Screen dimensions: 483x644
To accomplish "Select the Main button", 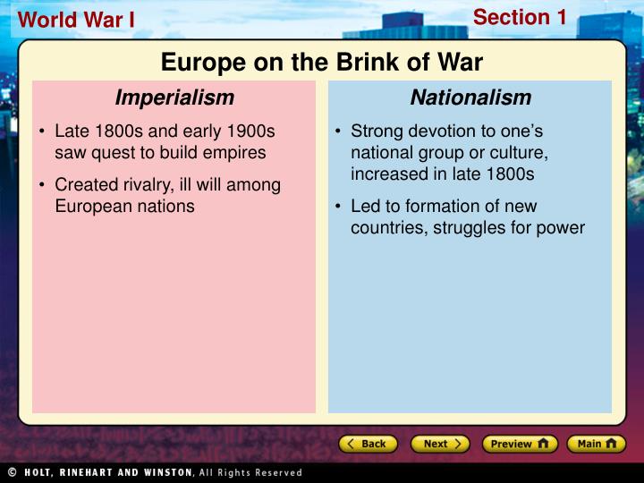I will pyautogui.click(x=597, y=444).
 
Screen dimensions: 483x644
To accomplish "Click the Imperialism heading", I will pyautogui.click(x=174, y=97).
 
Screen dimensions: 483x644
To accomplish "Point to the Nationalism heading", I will pyautogui.click(x=470, y=97).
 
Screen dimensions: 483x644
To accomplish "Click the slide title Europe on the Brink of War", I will pyautogui.click(x=322, y=62).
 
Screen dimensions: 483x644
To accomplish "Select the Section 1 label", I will pyautogui.click(x=520, y=17).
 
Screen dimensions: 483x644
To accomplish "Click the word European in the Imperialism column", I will pyautogui.click(x=90, y=206).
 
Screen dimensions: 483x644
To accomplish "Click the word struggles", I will pyautogui.click(x=471, y=228).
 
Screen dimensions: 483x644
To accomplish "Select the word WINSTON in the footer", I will pyautogui.click(x=160, y=472).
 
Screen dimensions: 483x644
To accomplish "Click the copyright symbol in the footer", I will pyautogui.click(x=12, y=472).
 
